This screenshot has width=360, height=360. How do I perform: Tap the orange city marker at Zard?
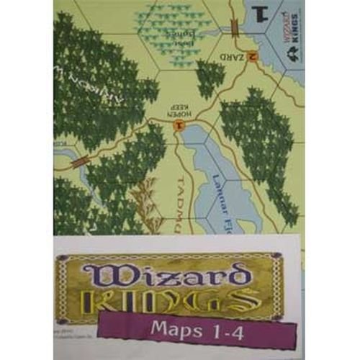pyautogui.click(x=251, y=57)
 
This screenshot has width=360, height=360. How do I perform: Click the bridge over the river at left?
pyautogui.click(x=78, y=161)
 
